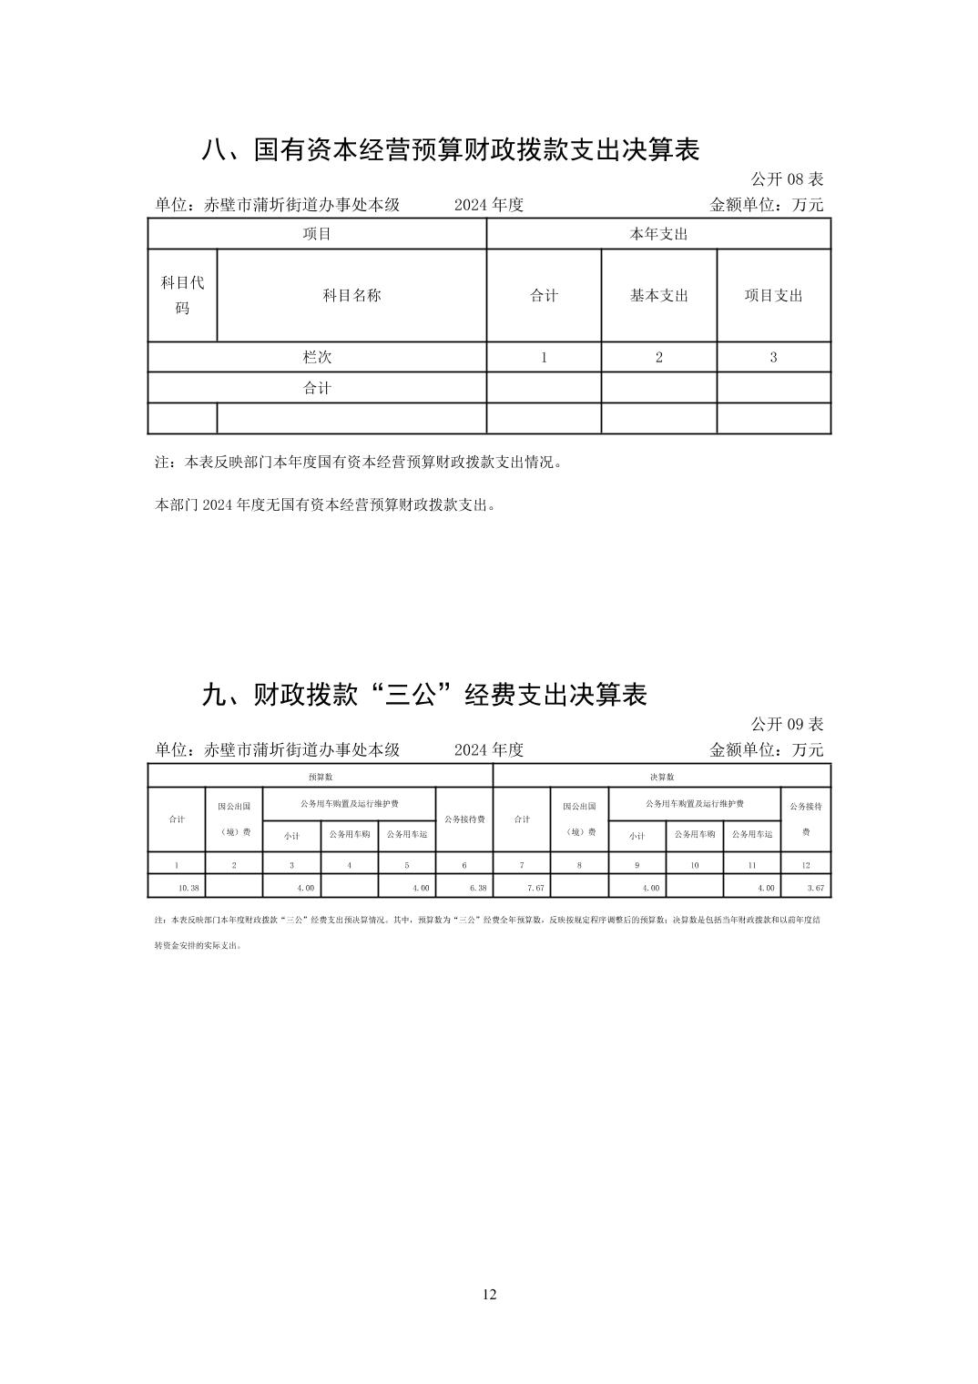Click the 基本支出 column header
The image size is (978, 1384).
[x=658, y=296]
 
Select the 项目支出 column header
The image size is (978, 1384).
[x=773, y=296]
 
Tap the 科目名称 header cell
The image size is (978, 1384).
[x=351, y=296]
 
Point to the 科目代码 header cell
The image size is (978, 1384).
[x=182, y=295]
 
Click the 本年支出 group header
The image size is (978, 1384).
[x=658, y=234]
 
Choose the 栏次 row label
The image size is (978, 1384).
[x=317, y=357]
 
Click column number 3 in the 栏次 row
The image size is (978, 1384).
[x=773, y=357]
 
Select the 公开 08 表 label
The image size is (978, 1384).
[x=787, y=178]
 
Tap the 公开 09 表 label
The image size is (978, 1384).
[x=787, y=724]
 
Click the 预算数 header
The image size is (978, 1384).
[x=320, y=777]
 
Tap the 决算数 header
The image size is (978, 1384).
[x=662, y=777]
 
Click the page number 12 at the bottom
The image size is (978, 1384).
[x=489, y=1295]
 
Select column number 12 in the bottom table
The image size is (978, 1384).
[x=806, y=865]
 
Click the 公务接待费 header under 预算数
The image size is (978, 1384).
[x=464, y=819]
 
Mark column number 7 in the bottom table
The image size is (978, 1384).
[x=522, y=865]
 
